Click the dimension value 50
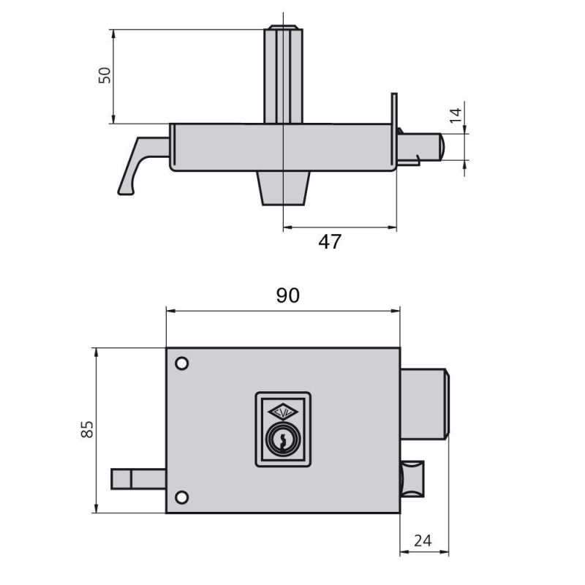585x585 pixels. (x=105, y=75)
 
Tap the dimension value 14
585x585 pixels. (x=456, y=116)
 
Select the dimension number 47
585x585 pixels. (x=330, y=242)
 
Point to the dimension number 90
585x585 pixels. (x=287, y=295)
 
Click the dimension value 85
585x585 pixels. (x=87, y=429)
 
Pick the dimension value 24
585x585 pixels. (x=423, y=540)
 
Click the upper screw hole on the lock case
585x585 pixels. (x=181, y=363)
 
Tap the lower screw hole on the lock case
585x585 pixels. (x=181, y=497)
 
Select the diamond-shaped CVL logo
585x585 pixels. (x=283, y=412)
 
